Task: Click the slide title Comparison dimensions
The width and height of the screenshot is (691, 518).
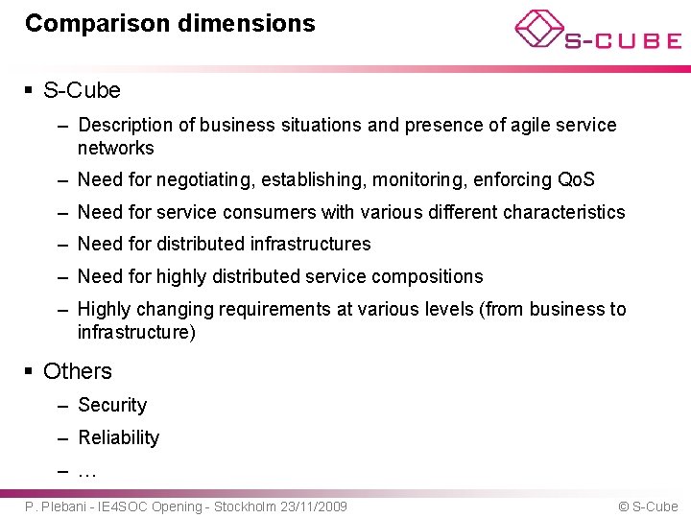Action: [x=170, y=23]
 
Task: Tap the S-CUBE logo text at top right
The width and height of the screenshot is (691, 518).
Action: [x=622, y=40]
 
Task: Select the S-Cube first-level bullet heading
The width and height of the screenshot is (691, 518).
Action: [x=82, y=90]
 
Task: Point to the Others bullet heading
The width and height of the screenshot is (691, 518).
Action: [x=77, y=371]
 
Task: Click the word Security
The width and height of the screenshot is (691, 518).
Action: [x=112, y=405]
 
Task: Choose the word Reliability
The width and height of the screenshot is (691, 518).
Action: [x=118, y=437]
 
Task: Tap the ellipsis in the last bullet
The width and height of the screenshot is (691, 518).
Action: [x=87, y=470]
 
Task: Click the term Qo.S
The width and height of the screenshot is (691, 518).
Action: [x=576, y=179]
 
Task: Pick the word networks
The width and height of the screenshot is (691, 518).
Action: [x=115, y=148]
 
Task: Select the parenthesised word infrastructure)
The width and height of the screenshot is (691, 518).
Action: [x=136, y=332]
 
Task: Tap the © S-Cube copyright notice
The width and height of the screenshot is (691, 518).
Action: [x=648, y=506]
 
